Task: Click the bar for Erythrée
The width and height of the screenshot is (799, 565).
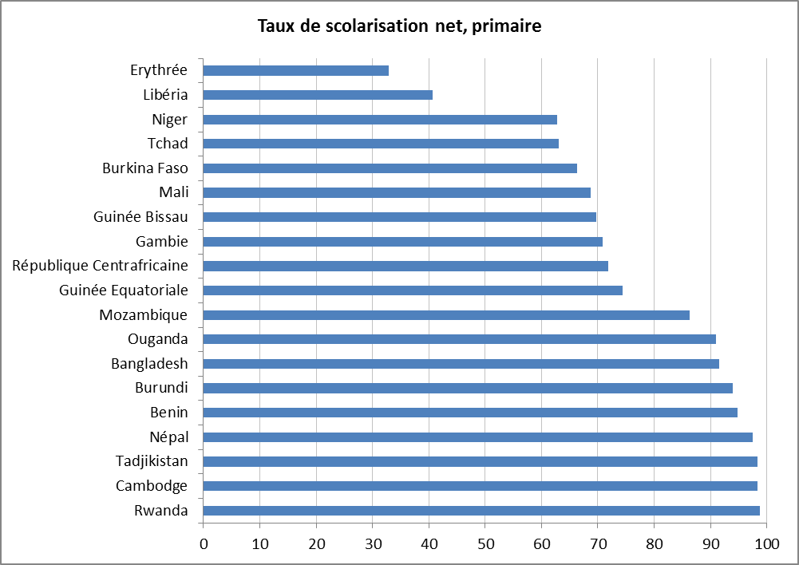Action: tap(296, 70)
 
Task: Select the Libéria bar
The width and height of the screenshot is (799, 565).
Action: tap(318, 95)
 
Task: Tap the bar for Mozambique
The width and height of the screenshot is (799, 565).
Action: tap(446, 315)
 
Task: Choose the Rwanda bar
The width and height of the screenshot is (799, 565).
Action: tap(481, 511)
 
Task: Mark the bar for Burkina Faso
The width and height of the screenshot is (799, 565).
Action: tap(390, 168)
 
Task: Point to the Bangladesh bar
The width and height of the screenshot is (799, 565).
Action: tap(461, 364)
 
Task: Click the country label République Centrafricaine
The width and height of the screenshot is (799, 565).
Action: tap(101, 266)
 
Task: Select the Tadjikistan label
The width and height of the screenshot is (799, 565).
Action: tap(152, 461)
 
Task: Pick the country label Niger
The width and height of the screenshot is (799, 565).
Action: tap(170, 120)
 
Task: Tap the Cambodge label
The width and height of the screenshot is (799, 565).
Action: tap(152, 486)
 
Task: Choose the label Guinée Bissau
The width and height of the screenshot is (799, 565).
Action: tap(140, 217)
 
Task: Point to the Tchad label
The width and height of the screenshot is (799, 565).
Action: tap(168, 144)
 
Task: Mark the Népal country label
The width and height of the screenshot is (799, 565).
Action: tap(168, 437)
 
